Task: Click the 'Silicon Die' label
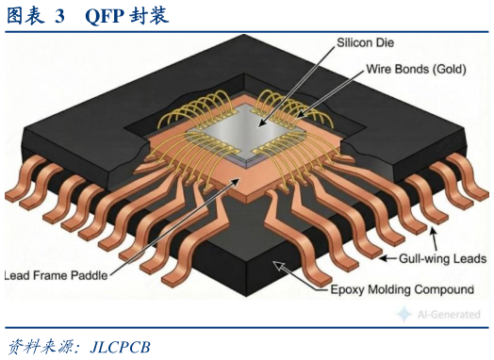click(x=365, y=42)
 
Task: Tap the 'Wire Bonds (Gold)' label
click(x=416, y=69)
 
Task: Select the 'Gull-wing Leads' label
click(x=442, y=258)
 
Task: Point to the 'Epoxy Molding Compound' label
click(x=402, y=289)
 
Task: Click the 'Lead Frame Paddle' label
click(x=56, y=275)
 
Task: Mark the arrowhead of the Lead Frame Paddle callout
click(x=236, y=182)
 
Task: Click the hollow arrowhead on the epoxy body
click(x=278, y=266)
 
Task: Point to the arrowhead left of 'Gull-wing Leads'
click(x=383, y=258)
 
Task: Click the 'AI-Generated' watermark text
click(x=449, y=315)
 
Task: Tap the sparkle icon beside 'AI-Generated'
click(x=403, y=314)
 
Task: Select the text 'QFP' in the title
click(x=104, y=16)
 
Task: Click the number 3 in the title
click(x=59, y=16)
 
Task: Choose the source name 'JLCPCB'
click(x=120, y=347)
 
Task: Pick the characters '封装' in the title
click(x=149, y=16)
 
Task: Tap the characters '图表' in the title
click(x=25, y=16)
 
